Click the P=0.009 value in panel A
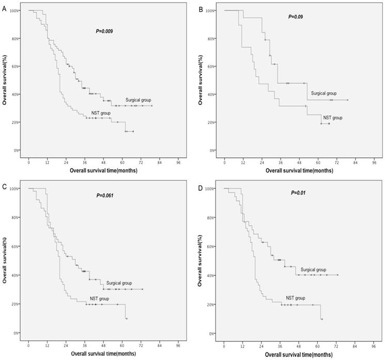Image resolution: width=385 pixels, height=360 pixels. click(103, 32)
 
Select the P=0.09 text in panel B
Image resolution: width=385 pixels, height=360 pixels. click(295, 17)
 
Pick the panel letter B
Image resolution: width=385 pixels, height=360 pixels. click(199, 7)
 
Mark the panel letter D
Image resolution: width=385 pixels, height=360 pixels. click(199, 184)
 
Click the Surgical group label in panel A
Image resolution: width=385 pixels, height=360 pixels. click(138, 99)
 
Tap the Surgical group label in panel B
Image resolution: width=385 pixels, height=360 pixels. click(324, 94)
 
